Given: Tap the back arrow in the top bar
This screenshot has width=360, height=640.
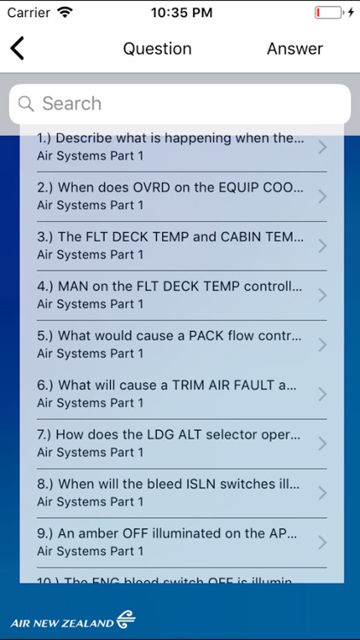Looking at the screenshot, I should coord(17,49).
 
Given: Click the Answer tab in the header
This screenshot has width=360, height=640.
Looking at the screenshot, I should coord(294,49).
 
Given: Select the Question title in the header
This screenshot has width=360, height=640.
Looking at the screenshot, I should coord(157,49).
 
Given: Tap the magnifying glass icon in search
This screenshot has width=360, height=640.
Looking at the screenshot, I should coord(26,104).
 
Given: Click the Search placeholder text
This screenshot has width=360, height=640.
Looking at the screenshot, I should coord(72,104).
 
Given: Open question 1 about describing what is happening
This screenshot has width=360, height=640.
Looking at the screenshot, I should coord(170,146).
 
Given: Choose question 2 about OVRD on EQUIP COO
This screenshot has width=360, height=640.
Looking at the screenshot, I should coord(170,195).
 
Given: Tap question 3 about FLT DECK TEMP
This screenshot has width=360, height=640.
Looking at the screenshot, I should coord(170,245).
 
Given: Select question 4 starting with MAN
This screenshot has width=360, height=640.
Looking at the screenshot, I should coord(170,294).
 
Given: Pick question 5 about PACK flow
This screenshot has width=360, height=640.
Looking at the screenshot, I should coord(170,344).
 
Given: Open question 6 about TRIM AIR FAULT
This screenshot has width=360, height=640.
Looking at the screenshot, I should coord(170,393).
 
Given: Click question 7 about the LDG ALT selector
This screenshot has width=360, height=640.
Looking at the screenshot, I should coord(170,443).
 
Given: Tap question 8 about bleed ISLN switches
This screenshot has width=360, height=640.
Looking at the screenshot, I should coord(170,492).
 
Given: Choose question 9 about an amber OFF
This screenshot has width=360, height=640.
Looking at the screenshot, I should coord(170,542).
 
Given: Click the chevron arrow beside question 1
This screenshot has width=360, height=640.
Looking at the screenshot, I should coord(322,147).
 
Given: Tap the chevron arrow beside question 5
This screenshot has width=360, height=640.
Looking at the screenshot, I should coord(322,345).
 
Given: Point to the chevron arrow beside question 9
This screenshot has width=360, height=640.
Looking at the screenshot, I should coord(322,543).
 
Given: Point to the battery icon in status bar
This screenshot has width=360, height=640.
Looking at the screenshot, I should coord(328,13).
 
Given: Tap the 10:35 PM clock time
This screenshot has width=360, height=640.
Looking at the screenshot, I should coord(181,13).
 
